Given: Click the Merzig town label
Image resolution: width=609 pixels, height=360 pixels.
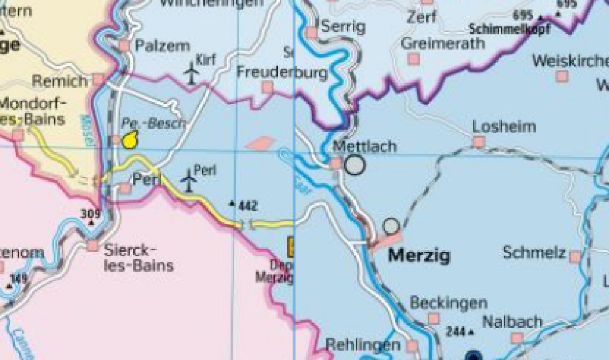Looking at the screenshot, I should (x=420, y=255).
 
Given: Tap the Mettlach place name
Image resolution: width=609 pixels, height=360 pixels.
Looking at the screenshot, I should (x=365, y=147).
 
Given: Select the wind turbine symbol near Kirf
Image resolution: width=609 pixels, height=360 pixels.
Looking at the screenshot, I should (x=192, y=72).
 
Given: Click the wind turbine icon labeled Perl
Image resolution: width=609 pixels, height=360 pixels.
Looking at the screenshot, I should (x=188, y=180).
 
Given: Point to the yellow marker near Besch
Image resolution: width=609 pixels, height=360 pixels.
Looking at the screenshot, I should (x=129, y=141).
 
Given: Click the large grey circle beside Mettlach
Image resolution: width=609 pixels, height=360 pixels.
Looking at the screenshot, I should (x=355, y=164).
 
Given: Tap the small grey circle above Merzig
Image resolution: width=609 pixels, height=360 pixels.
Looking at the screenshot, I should (x=392, y=226).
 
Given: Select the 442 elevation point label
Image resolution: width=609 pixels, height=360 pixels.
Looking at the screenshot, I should (x=247, y=206).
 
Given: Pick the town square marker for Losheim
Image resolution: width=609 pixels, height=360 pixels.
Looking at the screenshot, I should (x=479, y=142).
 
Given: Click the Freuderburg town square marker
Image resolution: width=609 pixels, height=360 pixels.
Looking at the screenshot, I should (x=267, y=88).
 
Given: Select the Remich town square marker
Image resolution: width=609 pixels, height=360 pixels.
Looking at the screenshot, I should (x=98, y=80).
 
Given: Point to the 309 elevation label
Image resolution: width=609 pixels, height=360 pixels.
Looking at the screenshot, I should (x=90, y=214).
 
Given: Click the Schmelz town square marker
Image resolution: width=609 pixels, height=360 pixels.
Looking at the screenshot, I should (x=575, y=256).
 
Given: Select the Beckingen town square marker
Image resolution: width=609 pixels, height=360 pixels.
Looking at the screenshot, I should (x=433, y=319).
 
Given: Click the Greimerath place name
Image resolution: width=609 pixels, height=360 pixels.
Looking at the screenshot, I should (x=443, y=44).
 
